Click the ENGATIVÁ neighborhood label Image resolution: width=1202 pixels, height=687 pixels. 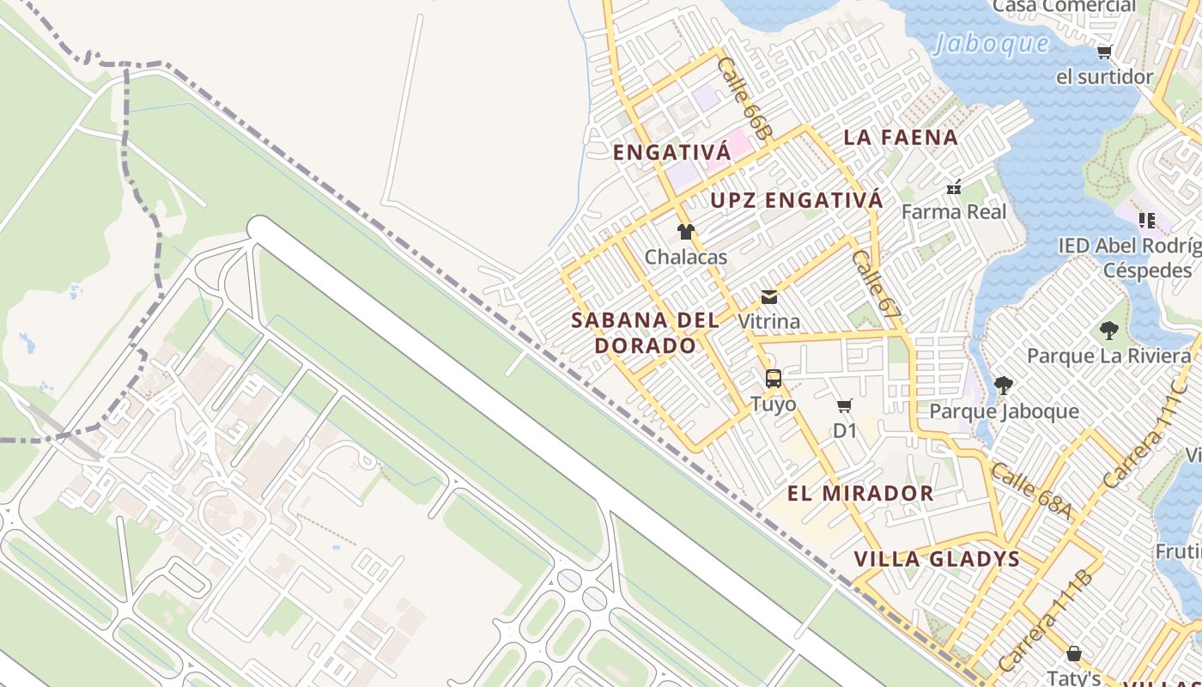(x=671, y=153)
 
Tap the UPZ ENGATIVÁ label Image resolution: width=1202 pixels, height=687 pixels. (x=796, y=201)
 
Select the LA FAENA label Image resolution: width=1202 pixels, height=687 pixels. (x=901, y=137)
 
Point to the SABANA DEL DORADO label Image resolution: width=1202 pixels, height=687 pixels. (x=646, y=333)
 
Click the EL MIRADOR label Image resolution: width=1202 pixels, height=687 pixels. (x=860, y=494)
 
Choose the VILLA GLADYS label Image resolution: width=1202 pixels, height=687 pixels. (x=937, y=560)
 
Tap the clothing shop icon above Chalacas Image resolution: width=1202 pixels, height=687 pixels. (x=685, y=232)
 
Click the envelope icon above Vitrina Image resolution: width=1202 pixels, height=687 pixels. (x=769, y=297)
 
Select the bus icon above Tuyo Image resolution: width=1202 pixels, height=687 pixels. (x=773, y=379)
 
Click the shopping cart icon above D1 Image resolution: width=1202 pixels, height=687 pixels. (x=845, y=406)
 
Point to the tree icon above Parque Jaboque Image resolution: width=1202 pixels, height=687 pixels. (x=1003, y=386)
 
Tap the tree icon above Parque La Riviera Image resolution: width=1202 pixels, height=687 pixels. (x=1108, y=331)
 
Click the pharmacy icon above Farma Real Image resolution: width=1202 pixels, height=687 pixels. (x=953, y=186)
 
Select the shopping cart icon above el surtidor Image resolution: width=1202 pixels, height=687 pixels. (x=1104, y=52)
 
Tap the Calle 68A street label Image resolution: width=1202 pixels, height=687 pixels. (x=1031, y=490)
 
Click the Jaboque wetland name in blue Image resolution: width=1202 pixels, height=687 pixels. (x=992, y=44)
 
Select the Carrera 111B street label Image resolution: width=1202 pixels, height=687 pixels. (x=1046, y=621)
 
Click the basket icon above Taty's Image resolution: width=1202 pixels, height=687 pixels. (x=1073, y=654)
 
